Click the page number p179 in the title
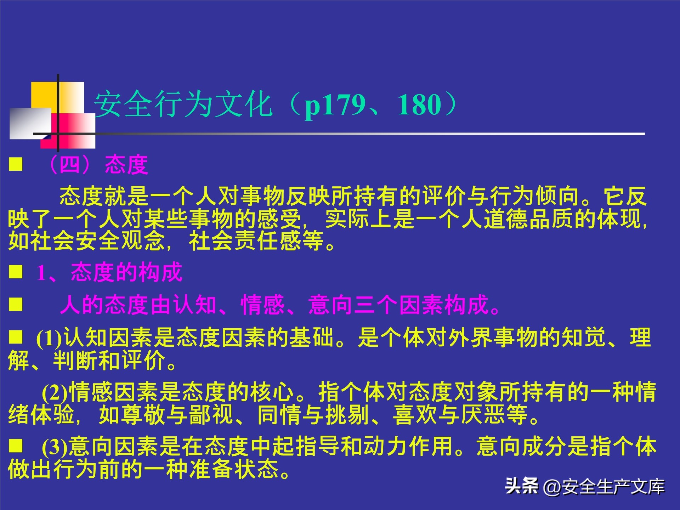(335, 105)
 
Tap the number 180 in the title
(420, 105)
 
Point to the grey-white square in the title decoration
(30, 123)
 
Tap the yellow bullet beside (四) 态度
(16, 164)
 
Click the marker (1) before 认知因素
(49, 338)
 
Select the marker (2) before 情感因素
(55, 392)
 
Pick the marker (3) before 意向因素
(55, 447)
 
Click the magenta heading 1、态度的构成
(109, 272)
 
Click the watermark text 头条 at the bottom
(521, 486)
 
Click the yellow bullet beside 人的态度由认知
(16, 305)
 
